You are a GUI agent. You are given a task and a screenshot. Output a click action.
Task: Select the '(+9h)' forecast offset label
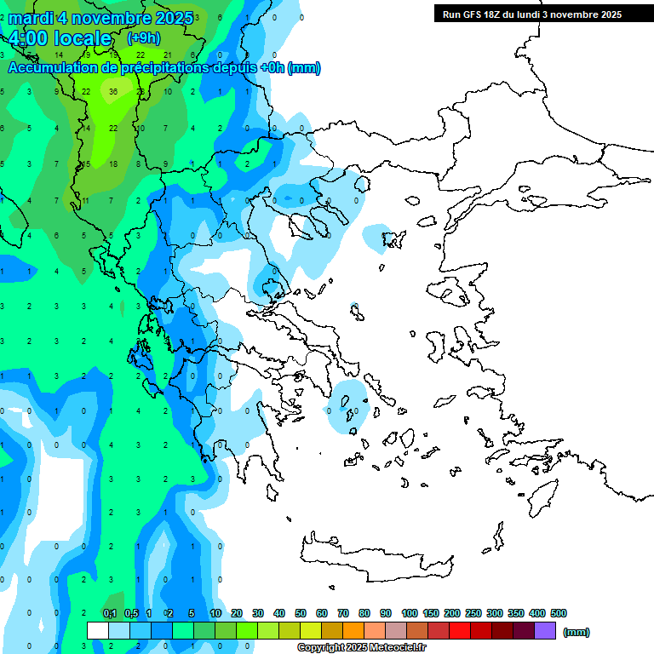coord(143,38)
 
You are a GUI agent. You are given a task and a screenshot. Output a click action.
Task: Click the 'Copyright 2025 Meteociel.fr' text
coord(361,648)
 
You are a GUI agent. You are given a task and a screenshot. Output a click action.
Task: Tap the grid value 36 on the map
coord(113,92)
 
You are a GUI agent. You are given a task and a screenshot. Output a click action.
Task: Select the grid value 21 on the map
coord(167,54)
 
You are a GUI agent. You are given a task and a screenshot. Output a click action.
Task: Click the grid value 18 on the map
coord(113,163)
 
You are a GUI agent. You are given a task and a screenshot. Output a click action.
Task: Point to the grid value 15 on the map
coord(86,163)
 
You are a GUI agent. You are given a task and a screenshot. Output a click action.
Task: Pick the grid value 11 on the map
coord(86,201)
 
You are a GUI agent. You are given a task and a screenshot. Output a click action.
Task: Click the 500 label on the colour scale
coord(559,613)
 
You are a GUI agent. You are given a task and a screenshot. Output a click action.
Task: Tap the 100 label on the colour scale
coord(409,613)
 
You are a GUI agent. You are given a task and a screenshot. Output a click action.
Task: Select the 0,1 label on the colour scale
coord(109,613)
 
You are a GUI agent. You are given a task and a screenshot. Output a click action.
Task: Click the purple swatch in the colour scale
coord(545,631)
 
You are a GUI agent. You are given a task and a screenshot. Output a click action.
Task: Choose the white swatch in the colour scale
coord(98,631)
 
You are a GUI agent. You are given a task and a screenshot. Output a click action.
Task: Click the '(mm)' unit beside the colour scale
coord(577,632)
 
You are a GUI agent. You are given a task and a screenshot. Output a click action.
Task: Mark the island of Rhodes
coord(542,495)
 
